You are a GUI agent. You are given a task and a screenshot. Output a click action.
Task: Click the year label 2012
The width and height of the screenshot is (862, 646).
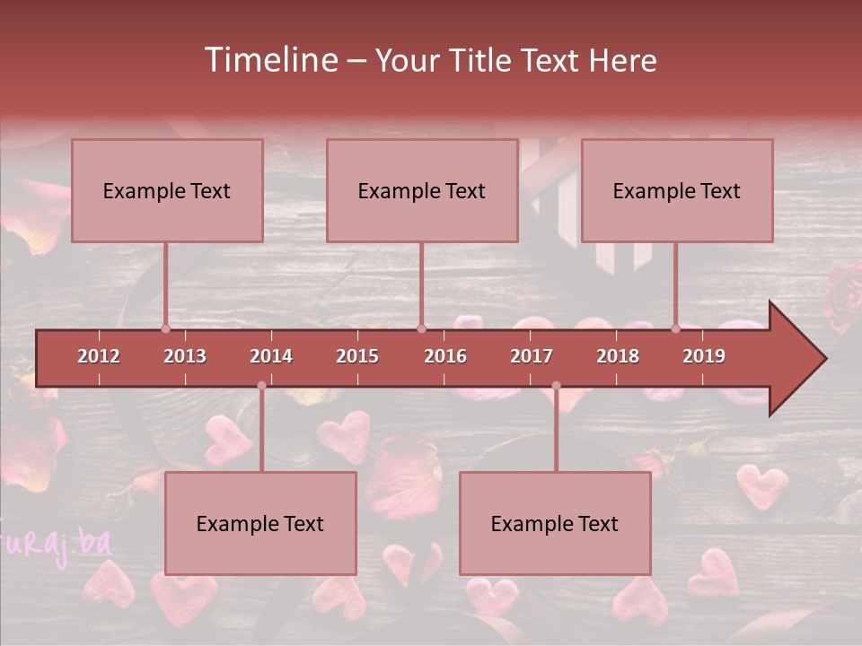99,356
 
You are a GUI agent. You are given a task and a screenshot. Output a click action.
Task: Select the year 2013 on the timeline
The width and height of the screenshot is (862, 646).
185,356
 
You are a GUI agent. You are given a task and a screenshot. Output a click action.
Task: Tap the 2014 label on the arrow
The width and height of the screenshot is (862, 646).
271,356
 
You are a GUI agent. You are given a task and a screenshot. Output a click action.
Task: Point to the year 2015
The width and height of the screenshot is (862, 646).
357,356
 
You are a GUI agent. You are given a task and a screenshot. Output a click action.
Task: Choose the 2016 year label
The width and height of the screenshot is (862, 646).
445,356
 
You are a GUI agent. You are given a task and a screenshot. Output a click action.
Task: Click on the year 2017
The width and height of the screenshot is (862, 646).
532,356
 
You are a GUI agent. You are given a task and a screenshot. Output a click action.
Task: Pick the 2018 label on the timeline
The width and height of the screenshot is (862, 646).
618,356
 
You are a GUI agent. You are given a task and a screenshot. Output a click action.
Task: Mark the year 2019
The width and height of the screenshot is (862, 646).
704,356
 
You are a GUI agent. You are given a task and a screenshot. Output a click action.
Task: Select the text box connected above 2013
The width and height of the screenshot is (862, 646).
167,190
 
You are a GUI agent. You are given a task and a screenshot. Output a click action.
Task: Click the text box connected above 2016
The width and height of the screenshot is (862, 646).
422,190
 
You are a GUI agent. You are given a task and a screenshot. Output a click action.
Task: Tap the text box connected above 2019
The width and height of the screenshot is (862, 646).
677,190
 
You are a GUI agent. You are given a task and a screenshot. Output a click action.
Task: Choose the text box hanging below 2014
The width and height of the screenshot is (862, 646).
260,523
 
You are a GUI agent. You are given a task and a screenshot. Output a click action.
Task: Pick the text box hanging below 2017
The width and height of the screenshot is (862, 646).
555,523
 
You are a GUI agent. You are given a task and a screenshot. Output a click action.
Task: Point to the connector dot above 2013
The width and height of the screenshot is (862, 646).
165,328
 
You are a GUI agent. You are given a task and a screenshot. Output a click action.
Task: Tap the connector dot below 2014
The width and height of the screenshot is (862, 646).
261,386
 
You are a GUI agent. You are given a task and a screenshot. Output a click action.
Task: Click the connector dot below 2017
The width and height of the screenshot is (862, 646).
556,386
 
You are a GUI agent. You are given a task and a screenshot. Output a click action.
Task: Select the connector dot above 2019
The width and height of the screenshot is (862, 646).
675,328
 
